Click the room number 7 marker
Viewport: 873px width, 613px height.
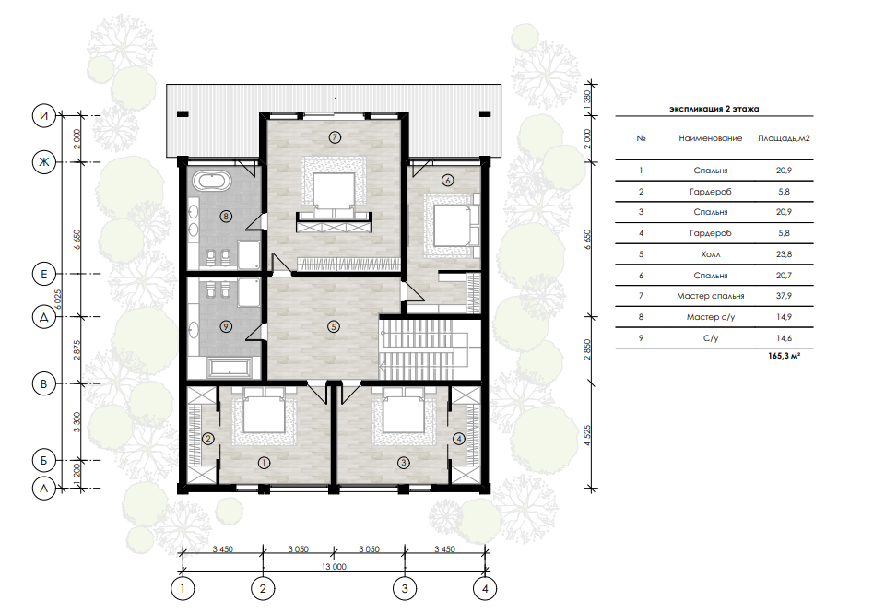335,137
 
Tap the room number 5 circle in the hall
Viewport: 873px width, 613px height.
333,326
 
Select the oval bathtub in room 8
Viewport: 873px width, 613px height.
211,182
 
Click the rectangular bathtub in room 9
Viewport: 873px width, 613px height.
230,368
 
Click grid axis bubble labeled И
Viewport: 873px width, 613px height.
44,116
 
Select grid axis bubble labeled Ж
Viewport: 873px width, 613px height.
44,162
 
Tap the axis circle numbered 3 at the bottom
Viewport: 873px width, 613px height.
405,588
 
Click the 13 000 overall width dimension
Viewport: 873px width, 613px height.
334,566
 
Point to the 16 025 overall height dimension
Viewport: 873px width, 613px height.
58,303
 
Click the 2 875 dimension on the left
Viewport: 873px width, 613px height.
77,350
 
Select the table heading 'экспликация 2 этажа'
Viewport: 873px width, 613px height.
714,109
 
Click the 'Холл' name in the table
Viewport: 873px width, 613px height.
711,253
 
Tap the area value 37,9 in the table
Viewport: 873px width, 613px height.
784,296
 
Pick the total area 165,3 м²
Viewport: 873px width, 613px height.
784,355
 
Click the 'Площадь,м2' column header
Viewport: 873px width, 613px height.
784,138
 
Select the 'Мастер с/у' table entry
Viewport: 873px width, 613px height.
711,317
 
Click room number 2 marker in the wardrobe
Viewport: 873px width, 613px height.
208,439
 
